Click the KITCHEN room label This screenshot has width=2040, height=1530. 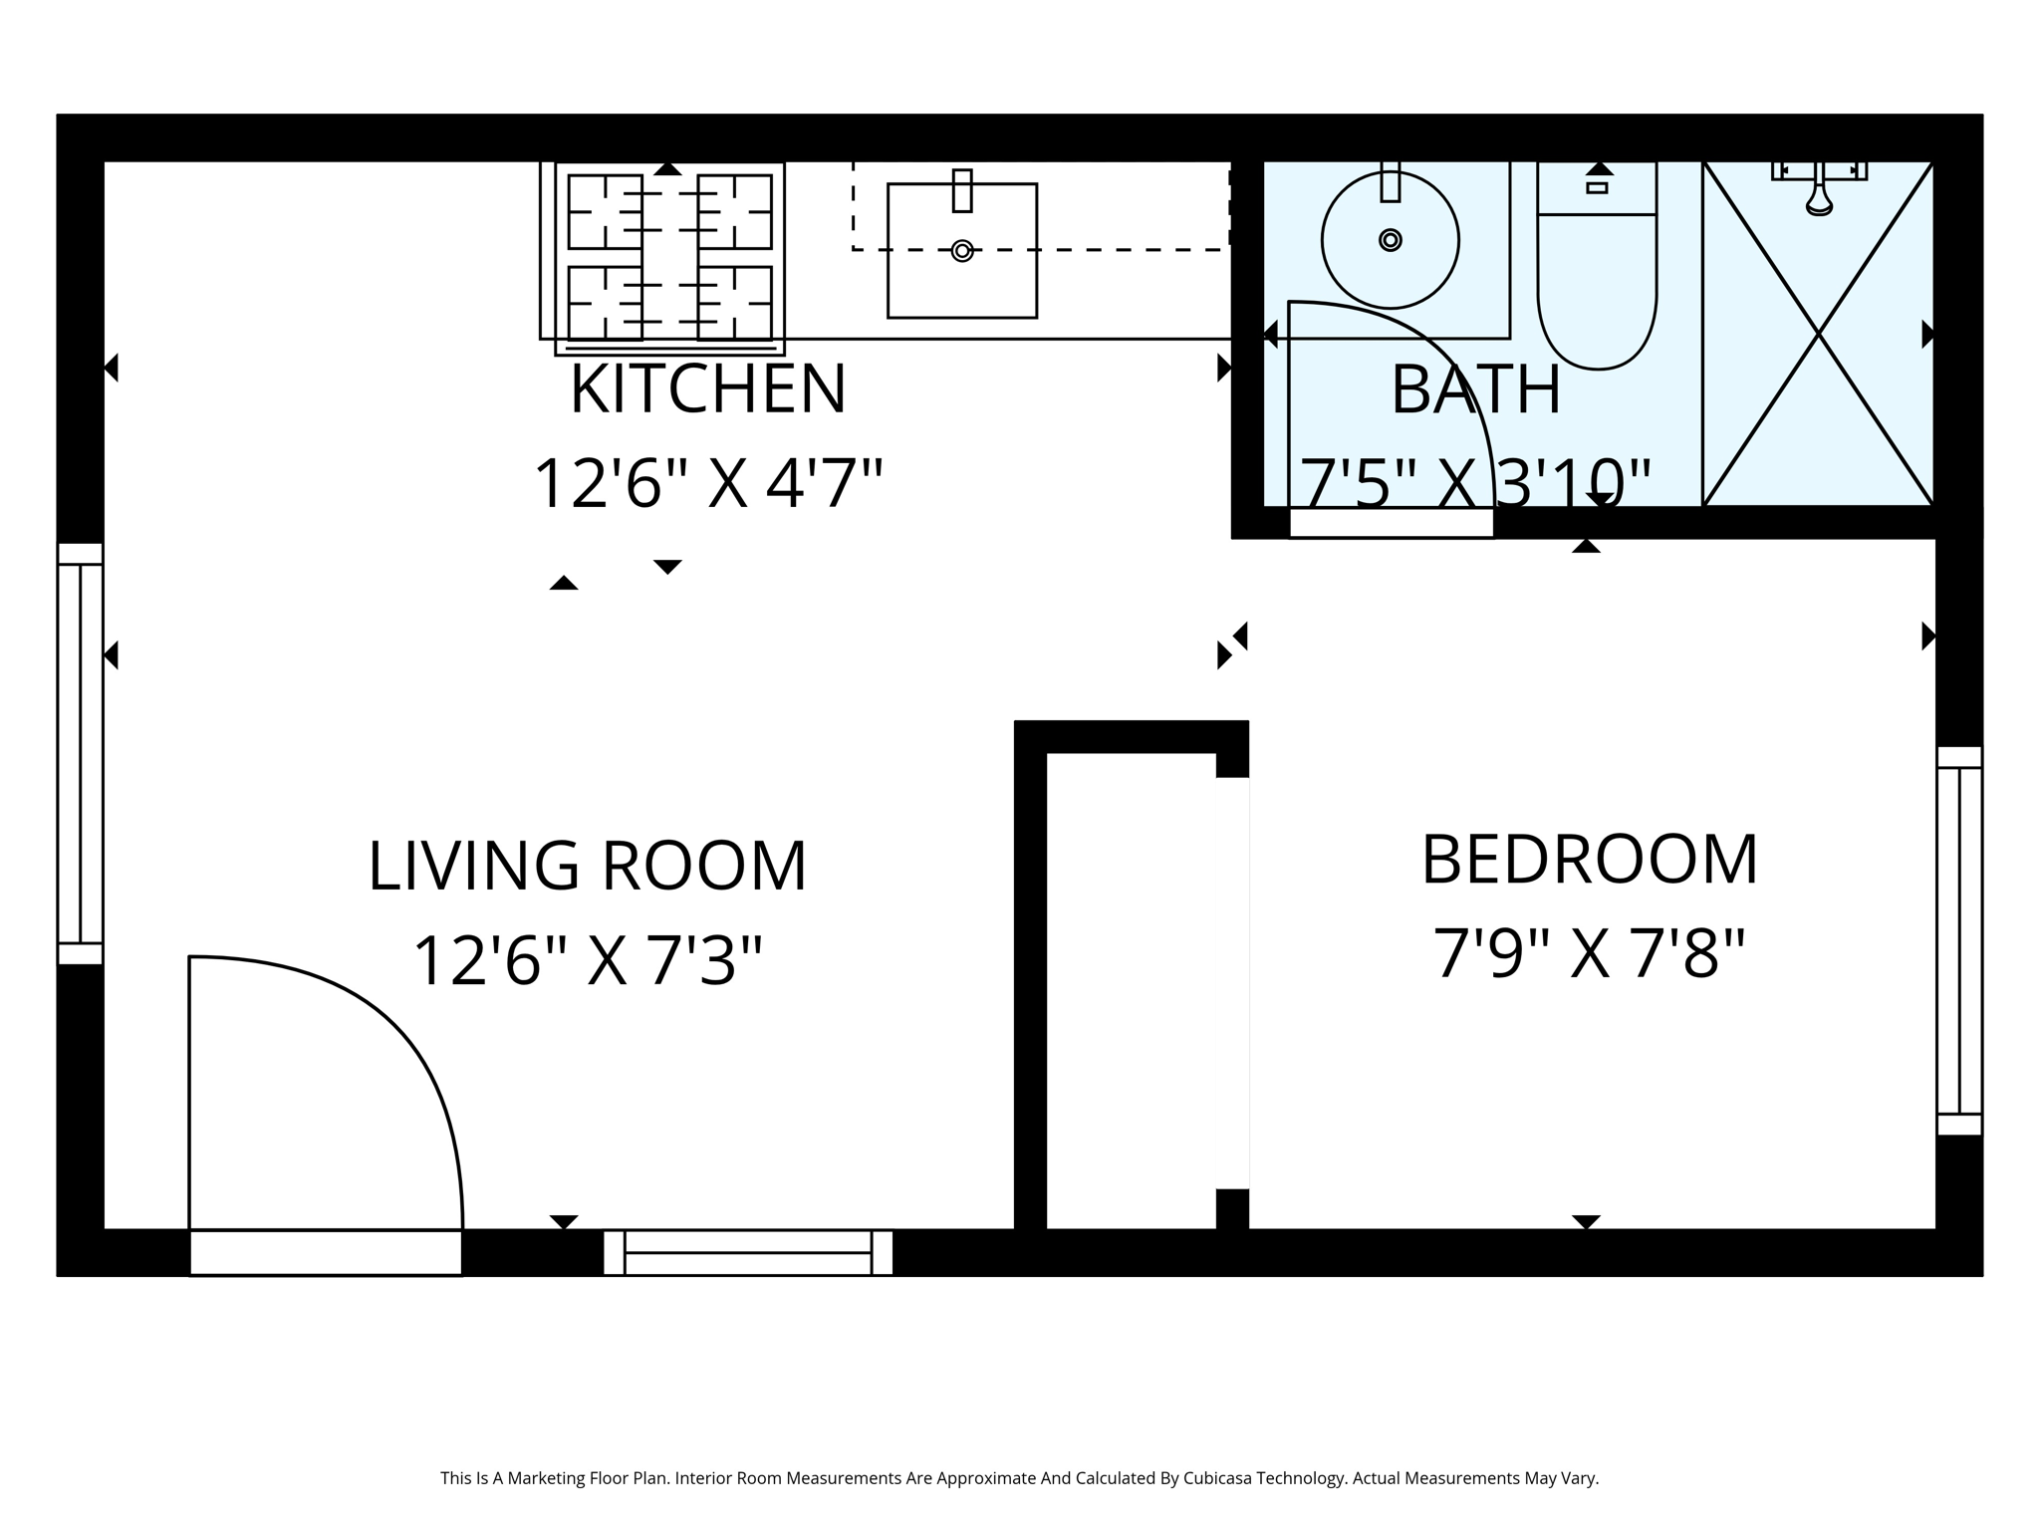[707, 389]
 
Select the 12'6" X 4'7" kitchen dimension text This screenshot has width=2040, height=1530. [707, 484]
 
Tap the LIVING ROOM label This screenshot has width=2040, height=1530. [587, 866]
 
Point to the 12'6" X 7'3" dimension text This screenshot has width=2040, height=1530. [587, 962]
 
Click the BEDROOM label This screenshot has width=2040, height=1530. [1589, 860]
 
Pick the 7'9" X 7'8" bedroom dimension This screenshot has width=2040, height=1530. [1589, 954]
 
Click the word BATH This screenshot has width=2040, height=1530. [1475, 390]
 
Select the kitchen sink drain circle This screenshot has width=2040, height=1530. [961, 250]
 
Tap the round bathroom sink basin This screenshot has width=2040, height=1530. [1390, 240]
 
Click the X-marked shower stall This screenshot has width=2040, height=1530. [1818, 335]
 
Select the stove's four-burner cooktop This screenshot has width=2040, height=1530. [669, 258]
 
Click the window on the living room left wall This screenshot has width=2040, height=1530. [80, 754]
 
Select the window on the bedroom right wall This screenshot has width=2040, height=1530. [1958, 940]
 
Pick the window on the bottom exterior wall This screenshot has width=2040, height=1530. [747, 1252]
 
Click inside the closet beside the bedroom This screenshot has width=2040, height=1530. [1132, 991]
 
